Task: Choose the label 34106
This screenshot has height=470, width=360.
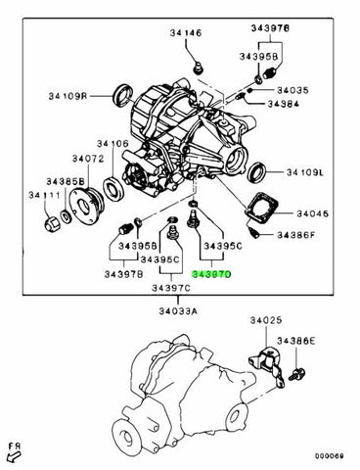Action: (x=113, y=144)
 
